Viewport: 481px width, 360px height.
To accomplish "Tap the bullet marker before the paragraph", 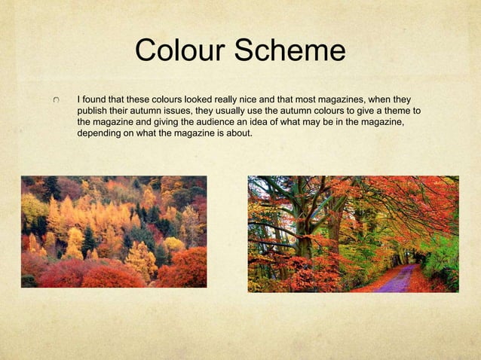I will pyautogui.click(x=57, y=100).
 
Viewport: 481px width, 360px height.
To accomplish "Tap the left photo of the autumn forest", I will pyautogui.click(x=114, y=231).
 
